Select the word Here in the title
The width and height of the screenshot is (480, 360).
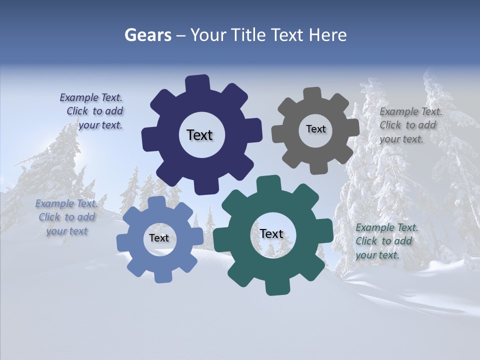click(328, 35)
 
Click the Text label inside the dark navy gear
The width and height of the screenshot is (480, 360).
click(199, 135)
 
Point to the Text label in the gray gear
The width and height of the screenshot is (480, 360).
click(315, 129)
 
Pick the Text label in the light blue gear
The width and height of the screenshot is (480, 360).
click(159, 238)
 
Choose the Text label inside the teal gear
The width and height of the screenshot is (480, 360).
click(271, 233)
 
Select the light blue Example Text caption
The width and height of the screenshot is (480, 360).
click(66, 217)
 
